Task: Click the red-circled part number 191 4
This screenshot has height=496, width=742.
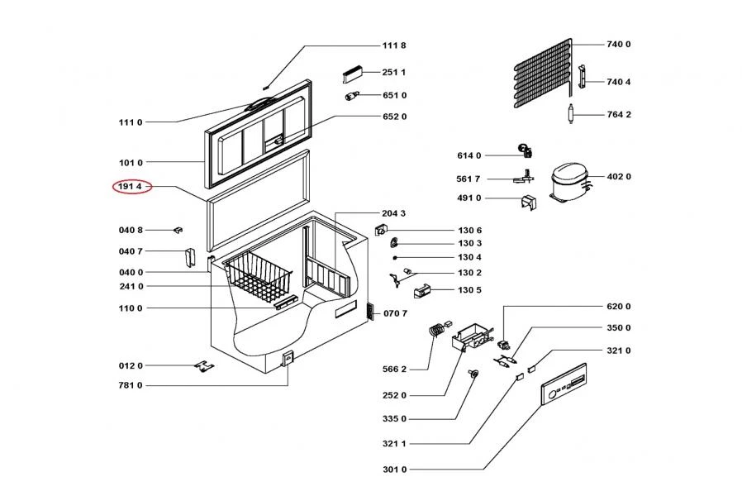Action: pos(131,188)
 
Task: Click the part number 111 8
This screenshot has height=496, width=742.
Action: pos(393,45)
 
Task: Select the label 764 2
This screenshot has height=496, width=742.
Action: pos(618,114)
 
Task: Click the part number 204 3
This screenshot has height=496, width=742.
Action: pos(393,213)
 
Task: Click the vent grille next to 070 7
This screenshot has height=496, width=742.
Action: pos(369,312)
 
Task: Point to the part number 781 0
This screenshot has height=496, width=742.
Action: pos(131,385)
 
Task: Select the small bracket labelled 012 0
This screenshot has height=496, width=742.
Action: pos(202,365)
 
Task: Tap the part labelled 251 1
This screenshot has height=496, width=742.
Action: pos(354,73)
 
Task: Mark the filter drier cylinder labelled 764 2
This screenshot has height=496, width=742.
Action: pos(571,114)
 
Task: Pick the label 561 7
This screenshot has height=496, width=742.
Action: pos(469,178)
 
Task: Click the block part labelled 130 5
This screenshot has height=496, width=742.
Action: pos(421,290)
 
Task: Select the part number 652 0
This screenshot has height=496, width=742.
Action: pos(394,117)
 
